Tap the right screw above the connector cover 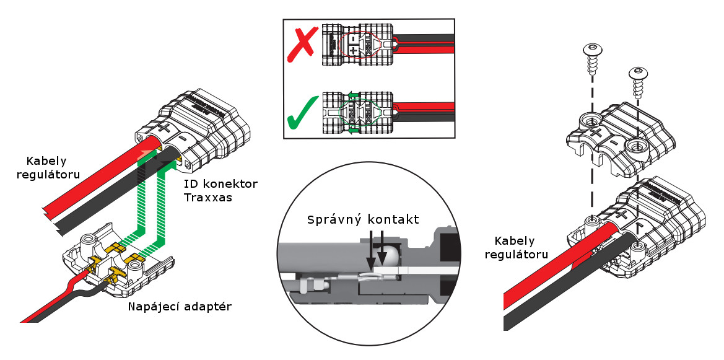click(x=637, y=78)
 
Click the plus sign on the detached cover click(x=595, y=133)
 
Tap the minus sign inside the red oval click(x=352, y=38)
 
